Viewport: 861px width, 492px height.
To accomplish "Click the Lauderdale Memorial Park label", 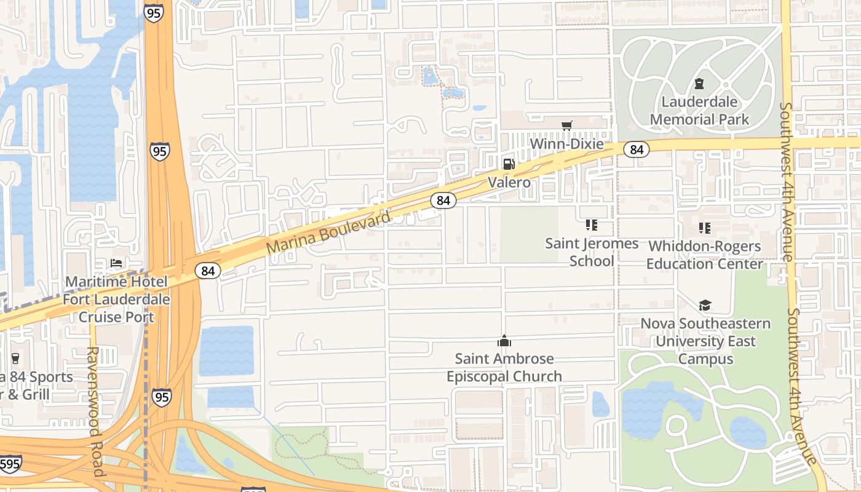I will [x=699, y=111].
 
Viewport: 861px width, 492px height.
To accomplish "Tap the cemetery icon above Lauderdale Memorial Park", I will [x=699, y=83].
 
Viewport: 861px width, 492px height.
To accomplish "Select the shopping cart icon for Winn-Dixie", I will [x=567, y=125].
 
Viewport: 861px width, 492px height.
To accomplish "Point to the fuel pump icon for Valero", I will [x=509, y=164].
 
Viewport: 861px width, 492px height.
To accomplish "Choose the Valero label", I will [x=509, y=183].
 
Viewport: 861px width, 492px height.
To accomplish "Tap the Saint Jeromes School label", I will [x=592, y=252].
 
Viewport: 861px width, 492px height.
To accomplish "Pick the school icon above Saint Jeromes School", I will [x=592, y=226].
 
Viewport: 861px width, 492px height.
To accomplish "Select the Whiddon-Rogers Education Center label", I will [x=705, y=255].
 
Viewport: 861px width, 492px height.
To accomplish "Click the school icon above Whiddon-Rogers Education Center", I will [x=705, y=228].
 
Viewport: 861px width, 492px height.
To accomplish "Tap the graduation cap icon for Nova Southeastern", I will [x=705, y=306].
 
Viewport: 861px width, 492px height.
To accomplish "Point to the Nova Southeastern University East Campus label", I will [x=705, y=341].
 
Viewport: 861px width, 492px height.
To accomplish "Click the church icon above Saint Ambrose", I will [x=504, y=341].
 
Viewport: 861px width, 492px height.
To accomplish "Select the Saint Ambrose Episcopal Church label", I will [x=504, y=367].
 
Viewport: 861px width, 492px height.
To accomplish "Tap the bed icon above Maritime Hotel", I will [x=116, y=263].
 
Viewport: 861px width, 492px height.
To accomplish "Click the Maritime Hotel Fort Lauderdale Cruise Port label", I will [x=116, y=300].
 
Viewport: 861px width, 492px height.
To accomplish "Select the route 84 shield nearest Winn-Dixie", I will [x=637, y=149].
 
